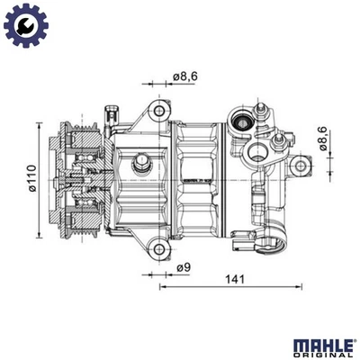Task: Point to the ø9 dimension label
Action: [183, 267]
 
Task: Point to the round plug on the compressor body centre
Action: [141, 163]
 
